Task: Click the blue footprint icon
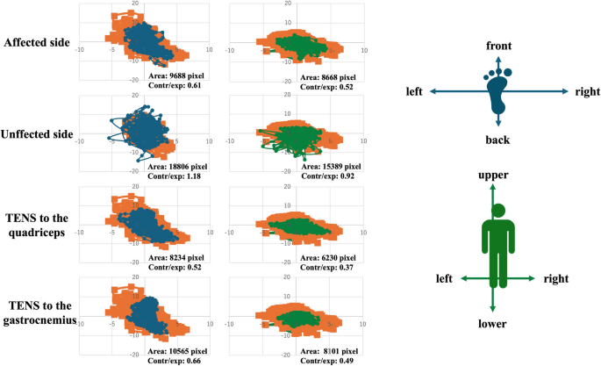498,90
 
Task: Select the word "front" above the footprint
498,46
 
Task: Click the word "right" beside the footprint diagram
587,91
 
